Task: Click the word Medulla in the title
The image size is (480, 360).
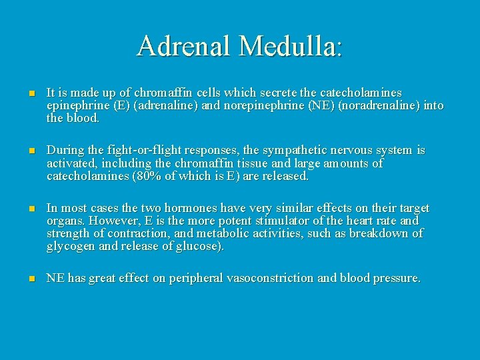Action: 291,46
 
